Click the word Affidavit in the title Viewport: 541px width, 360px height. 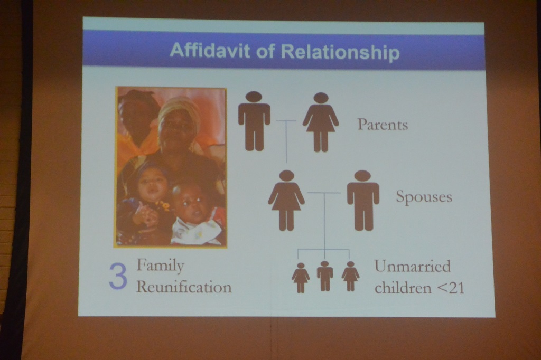[x=210, y=50]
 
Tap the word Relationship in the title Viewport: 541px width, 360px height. [x=340, y=52]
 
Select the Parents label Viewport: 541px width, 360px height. [x=383, y=125]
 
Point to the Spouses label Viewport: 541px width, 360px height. [x=424, y=197]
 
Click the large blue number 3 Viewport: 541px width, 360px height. [x=118, y=277]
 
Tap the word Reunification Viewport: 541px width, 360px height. [x=184, y=287]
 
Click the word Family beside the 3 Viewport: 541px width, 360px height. [x=161, y=266]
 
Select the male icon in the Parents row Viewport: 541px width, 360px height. [x=254, y=121]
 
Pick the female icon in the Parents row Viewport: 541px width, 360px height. [x=321, y=122]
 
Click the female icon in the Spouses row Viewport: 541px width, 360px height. [x=286, y=200]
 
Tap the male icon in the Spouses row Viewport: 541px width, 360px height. [x=363, y=201]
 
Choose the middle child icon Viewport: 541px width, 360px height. [x=325, y=276]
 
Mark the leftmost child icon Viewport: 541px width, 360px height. [x=301, y=278]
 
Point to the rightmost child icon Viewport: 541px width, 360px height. [x=351, y=276]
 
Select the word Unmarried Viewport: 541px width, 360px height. [x=413, y=266]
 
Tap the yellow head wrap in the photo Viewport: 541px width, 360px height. [x=180, y=109]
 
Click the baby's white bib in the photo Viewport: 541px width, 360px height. [x=195, y=230]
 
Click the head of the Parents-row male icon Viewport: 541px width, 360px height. [x=254, y=97]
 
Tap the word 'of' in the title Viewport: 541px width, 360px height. [x=266, y=51]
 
